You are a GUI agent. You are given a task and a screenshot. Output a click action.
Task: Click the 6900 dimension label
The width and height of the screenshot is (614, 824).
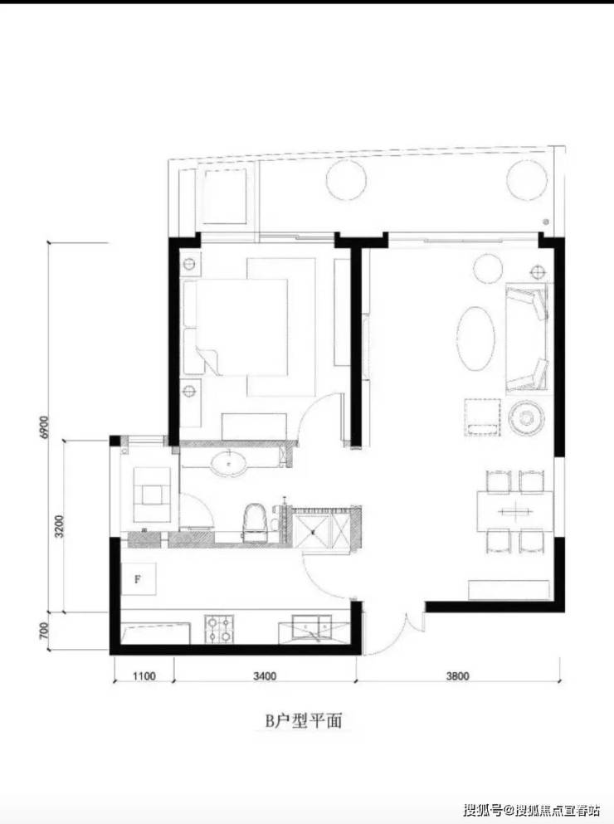coord(44,427)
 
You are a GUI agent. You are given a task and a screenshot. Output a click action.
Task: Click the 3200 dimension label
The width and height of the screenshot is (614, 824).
coord(59,526)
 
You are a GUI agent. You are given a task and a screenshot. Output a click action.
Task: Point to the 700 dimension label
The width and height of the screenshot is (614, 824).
coord(44,631)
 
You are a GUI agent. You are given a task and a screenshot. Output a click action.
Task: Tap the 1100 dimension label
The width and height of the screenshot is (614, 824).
coord(144,675)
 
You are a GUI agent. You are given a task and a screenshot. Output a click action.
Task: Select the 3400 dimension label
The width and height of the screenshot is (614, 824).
coord(265,675)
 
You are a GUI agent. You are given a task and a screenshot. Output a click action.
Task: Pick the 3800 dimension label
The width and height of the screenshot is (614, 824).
coord(457,675)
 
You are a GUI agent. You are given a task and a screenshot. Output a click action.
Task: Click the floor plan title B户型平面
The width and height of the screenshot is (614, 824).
coord(304,721)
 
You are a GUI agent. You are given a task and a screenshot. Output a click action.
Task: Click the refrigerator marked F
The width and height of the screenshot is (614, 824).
coord(139,578)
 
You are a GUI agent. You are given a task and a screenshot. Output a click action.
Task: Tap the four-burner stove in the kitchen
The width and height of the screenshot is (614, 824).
coord(219,629)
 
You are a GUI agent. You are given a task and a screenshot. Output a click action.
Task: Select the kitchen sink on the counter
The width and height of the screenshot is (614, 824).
coord(313,627)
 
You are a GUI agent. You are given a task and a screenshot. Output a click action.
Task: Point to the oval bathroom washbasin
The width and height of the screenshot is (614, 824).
coord(229,464)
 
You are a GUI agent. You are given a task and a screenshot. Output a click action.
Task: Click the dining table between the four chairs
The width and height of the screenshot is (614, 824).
coord(515,510)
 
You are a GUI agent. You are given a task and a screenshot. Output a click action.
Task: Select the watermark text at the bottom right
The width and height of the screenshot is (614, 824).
coord(531,810)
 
